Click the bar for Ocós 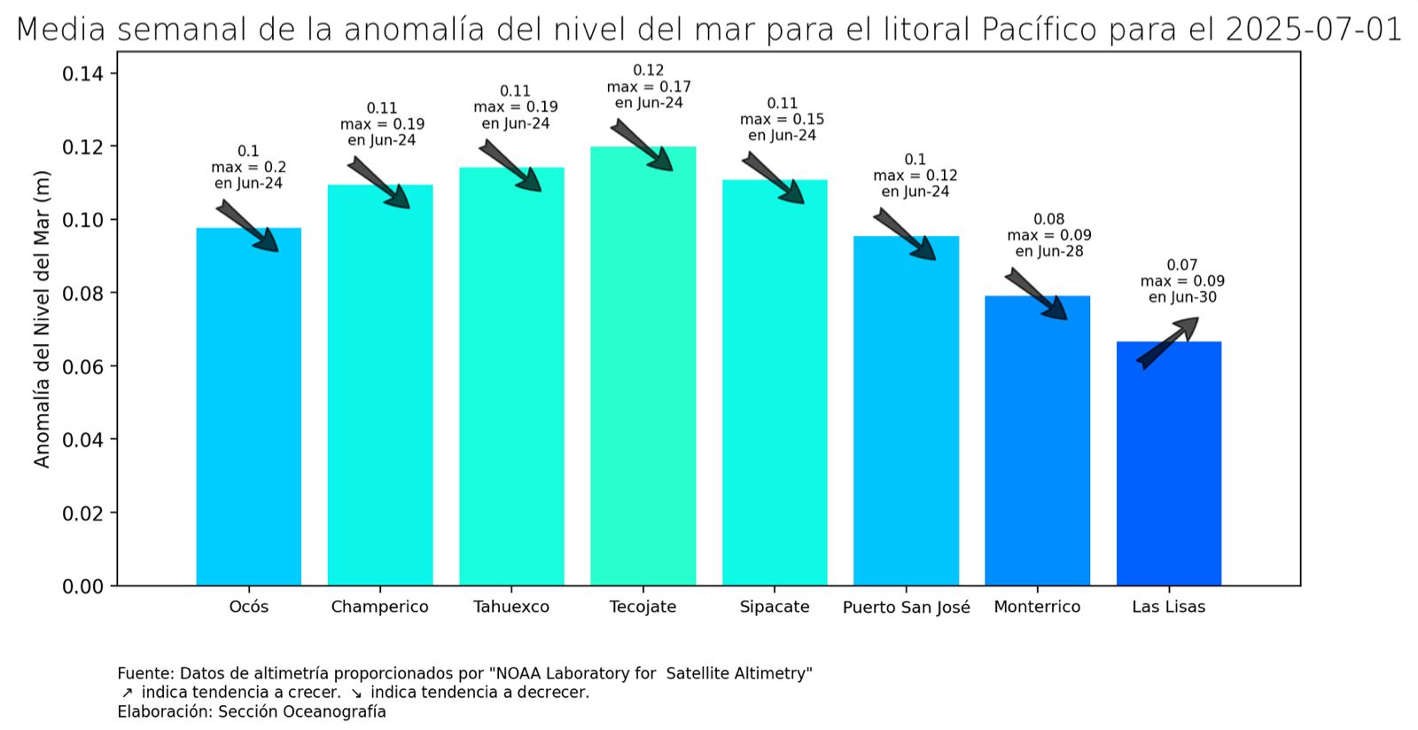pyautogui.click(x=248, y=408)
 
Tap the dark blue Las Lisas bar pyautogui.click(x=1168, y=466)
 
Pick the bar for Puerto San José pyautogui.click(x=906, y=412)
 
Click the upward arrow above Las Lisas pyautogui.click(x=1168, y=341)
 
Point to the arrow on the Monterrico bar pyautogui.click(x=1035, y=294)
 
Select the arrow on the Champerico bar pyautogui.click(x=378, y=183)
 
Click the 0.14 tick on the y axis pyautogui.click(x=82, y=74)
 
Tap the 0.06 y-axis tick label pyautogui.click(x=82, y=366)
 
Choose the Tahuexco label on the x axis pyautogui.click(x=510, y=607)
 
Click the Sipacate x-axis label pyautogui.click(x=775, y=607)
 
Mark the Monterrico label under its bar pyautogui.click(x=1037, y=607)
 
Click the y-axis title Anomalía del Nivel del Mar pyautogui.click(x=42, y=319)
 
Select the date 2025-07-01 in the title pyautogui.click(x=1313, y=29)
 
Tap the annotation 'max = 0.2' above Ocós pyautogui.click(x=248, y=167)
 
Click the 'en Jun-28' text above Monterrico pyautogui.click(x=1049, y=251)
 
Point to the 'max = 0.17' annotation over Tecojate pyautogui.click(x=649, y=87)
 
